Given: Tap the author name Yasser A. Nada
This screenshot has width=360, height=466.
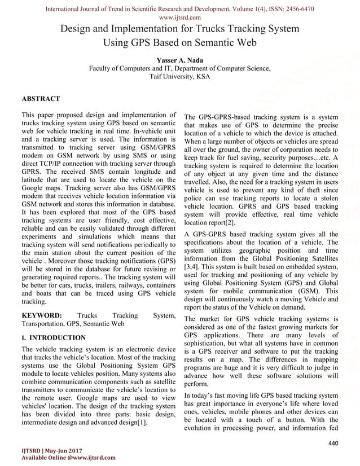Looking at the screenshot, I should coord(180,60).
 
